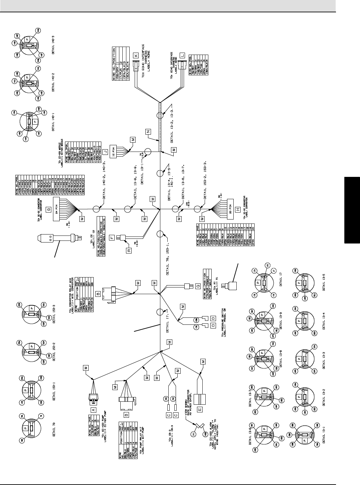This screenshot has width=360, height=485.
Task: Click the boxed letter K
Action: (x=136, y=56)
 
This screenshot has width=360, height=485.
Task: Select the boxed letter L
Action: (x=182, y=56)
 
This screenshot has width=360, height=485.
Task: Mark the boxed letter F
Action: (x=112, y=238)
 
